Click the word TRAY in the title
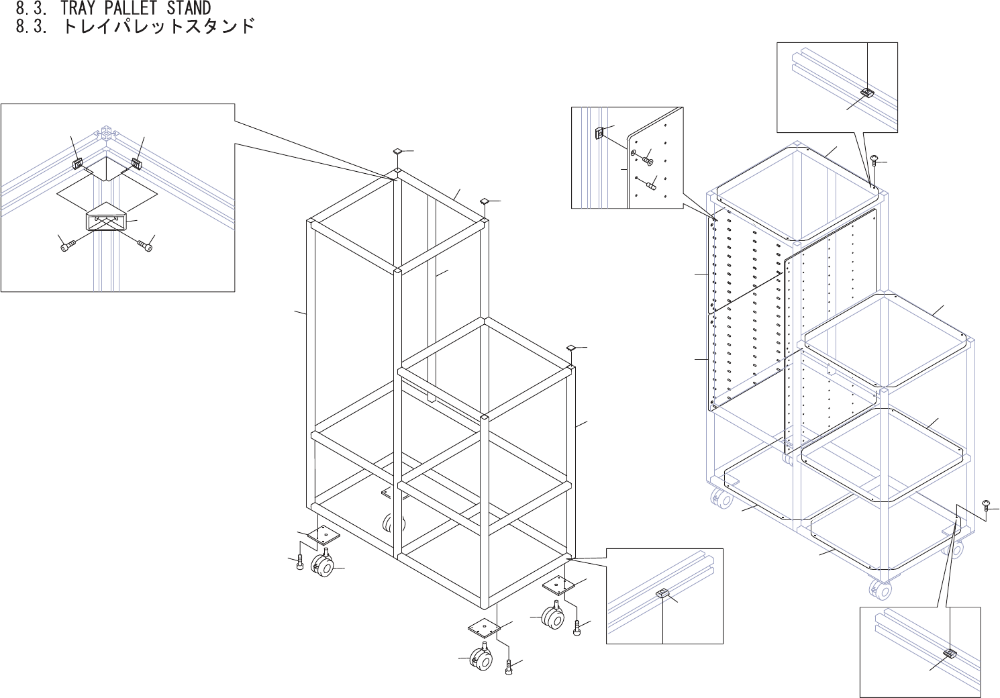coord(81,8)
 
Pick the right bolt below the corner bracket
coord(145,246)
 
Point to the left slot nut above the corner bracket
coord(79,162)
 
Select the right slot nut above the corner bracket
coord(136,162)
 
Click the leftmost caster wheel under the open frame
coord(323,566)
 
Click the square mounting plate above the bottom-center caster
coord(484,629)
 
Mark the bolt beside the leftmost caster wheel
coord(299,563)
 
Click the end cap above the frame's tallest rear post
coord(397,152)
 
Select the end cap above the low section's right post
coord(571,348)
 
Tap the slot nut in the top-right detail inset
coord(867,93)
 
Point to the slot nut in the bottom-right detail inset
coord(950,653)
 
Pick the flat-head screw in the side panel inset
coord(648,160)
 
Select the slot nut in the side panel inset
coord(601,134)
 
